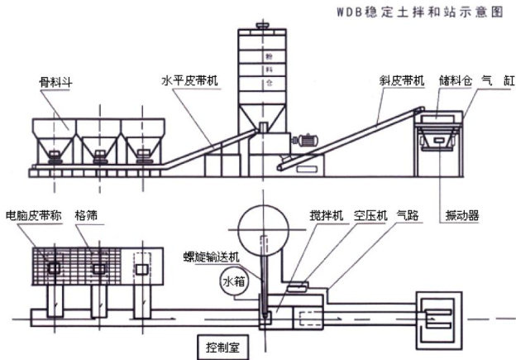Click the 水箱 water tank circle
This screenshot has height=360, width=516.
233,281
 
